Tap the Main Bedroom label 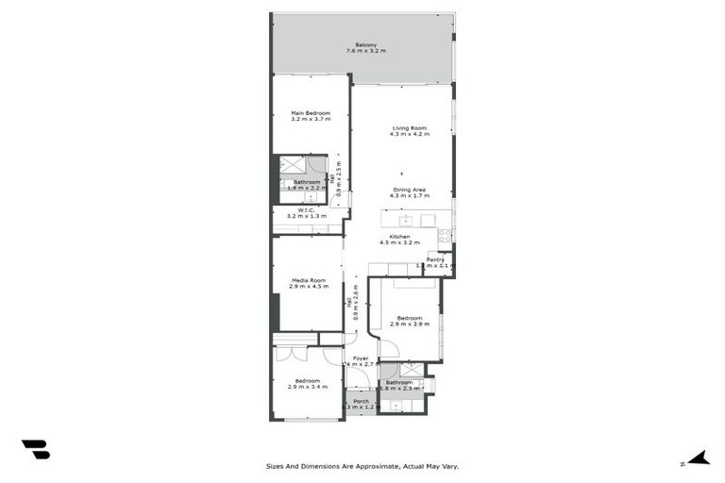311,113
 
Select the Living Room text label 410,128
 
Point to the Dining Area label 410,190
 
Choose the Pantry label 435,259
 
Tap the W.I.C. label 306,210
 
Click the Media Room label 309,280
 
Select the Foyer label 361,358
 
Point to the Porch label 361,401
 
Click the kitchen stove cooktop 445,235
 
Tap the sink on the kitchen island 403,221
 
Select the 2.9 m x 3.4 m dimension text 308,387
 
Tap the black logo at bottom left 35,450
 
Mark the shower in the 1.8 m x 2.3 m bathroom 412,371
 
